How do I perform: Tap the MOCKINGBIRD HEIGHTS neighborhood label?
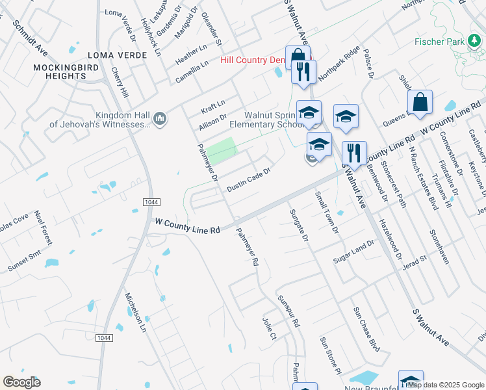coord(59,71)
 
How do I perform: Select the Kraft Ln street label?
coord(212,104)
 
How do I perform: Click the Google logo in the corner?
coord(21,382)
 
